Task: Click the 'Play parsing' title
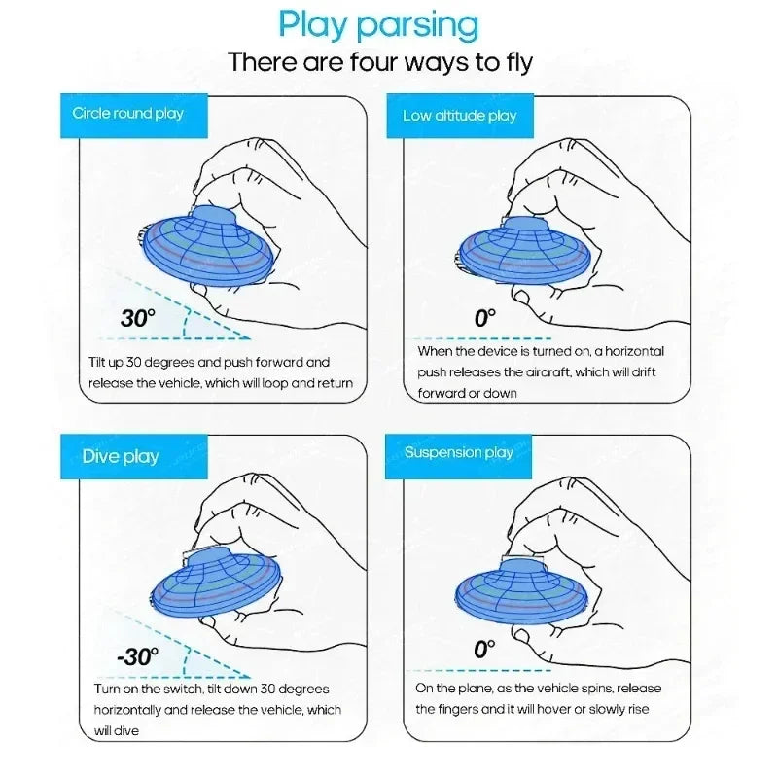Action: (378, 25)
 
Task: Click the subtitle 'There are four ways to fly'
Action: (380, 62)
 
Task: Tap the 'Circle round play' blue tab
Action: (128, 114)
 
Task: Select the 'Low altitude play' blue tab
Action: (460, 116)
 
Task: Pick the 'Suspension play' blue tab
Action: (459, 452)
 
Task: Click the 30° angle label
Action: (138, 318)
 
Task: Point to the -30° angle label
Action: (137, 656)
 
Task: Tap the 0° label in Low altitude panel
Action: (485, 317)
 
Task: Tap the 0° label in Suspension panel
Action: (485, 650)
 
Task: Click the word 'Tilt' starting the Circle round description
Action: (100, 362)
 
